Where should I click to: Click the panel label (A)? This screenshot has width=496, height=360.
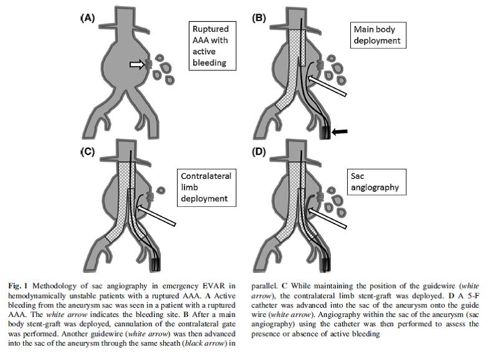pos(87,18)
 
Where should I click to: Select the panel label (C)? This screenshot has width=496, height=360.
pos(87,151)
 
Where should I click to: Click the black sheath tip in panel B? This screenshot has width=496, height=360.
pos(325,132)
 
